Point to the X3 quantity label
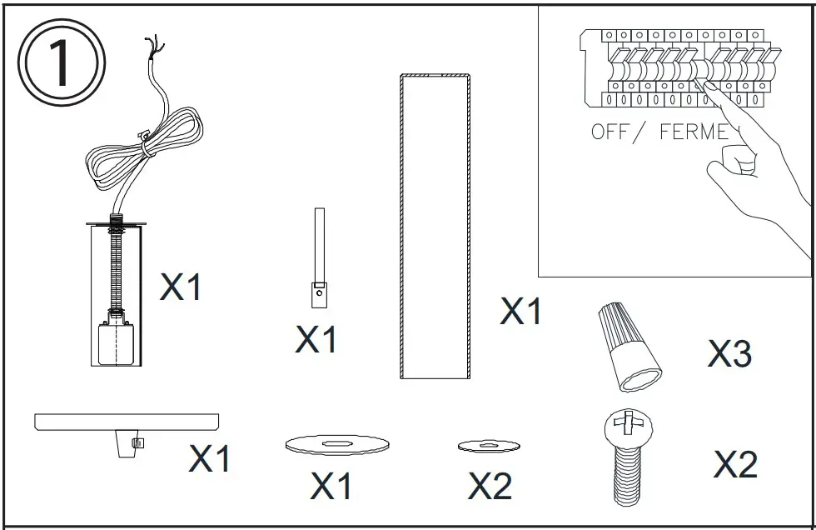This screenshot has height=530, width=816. pos(729,354)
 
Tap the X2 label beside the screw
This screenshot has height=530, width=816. pos(735,465)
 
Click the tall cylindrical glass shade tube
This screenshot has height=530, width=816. pos(435,227)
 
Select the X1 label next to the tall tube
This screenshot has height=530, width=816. pos(521,312)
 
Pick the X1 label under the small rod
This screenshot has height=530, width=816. pos(316,339)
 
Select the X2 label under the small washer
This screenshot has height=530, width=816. pos(490,486)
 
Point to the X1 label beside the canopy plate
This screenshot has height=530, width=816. pos(210,458)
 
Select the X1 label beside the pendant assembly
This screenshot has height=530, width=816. pos(181,287)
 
